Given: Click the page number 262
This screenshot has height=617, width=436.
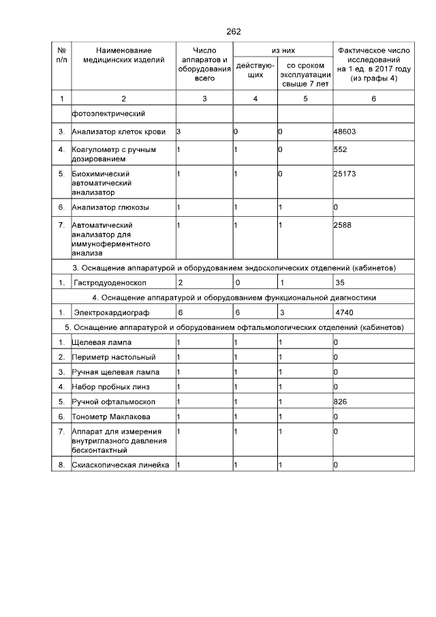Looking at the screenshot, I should click(233, 32).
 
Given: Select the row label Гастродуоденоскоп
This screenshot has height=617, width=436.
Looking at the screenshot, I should click(110, 282).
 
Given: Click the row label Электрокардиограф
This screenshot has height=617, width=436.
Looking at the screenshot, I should click(110, 313).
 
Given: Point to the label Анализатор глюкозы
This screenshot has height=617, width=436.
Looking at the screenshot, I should click(110, 207).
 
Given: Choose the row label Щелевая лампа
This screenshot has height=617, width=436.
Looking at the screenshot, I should click(102, 342).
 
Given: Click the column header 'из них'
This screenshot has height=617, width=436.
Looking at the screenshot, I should click(283, 50).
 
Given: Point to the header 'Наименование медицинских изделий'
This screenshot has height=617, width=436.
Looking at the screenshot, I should click(123, 55).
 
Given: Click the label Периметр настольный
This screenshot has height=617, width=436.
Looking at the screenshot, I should click(113, 357).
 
